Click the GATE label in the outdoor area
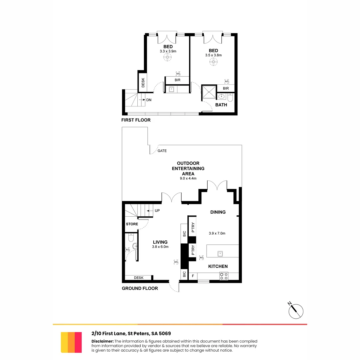click(x=162, y=151)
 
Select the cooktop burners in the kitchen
click(x=224, y=276)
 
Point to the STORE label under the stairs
click(x=132, y=224)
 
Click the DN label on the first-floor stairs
click(x=149, y=100)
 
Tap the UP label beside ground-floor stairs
click(x=157, y=211)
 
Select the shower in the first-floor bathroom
click(x=209, y=92)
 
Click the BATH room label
click(x=221, y=105)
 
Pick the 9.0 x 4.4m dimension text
click(x=188, y=179)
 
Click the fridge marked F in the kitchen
click(x=193, y=276)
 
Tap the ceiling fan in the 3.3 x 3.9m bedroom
click(x=168, y=57)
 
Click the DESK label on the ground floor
click(x=138, y=277)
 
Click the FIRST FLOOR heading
click(x=136, y=120)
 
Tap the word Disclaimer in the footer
click(x=102, y=341)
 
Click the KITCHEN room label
click(x=218, y=266)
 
